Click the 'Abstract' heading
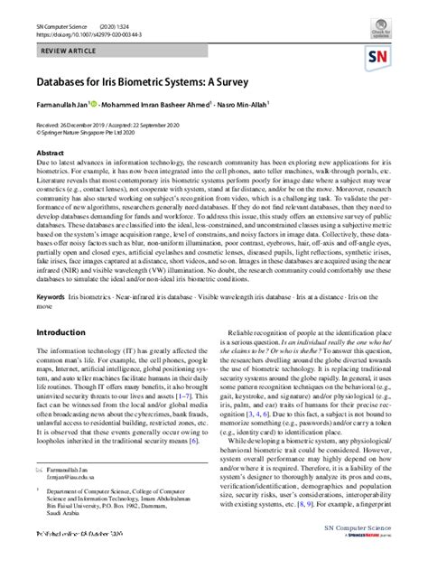pos(51,154)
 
